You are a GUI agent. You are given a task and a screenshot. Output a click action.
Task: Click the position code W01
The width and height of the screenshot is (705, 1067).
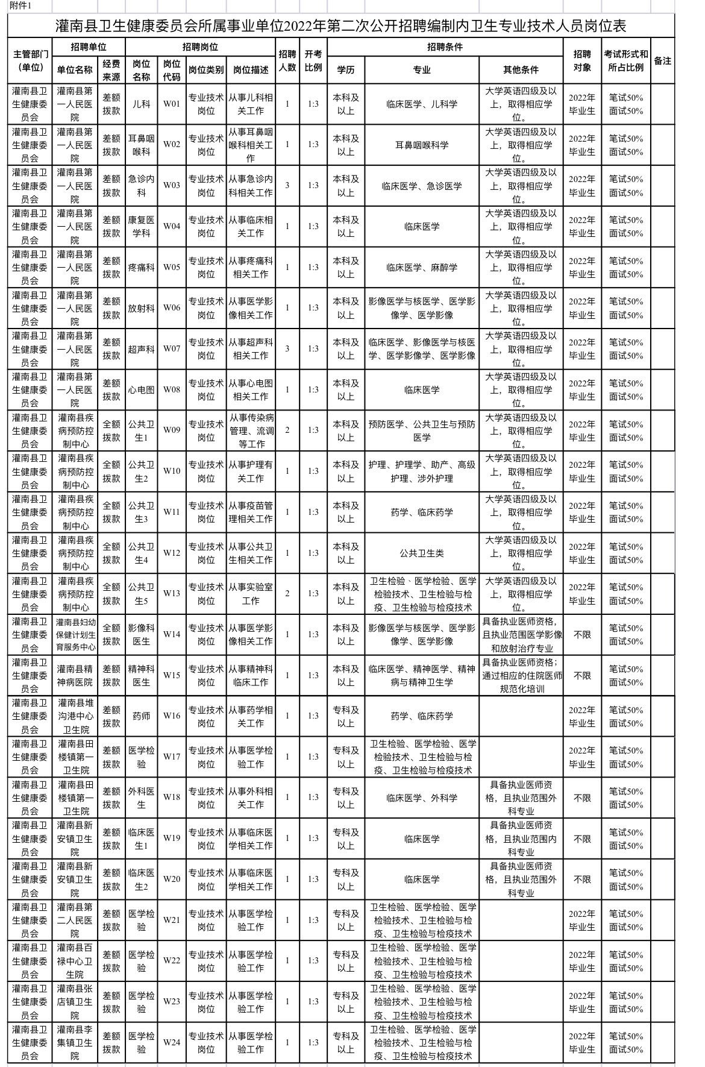click(172, 104)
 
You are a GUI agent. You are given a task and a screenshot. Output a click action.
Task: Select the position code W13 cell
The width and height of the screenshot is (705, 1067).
click(172, 593)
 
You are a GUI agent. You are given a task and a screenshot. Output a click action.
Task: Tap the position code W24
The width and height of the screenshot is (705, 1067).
click(172, 1042)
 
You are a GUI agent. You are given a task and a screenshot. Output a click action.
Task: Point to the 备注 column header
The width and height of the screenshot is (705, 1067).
click(662, 61)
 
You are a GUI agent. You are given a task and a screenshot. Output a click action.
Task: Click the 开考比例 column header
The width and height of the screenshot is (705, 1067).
click(313, 61)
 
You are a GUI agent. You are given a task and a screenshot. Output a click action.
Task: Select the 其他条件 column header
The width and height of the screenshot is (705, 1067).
click(521, 70)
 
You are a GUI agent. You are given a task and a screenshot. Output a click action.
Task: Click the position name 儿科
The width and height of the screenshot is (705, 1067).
click(142, 104)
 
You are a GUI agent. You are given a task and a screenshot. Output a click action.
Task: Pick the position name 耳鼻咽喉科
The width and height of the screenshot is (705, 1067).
click(142, 145)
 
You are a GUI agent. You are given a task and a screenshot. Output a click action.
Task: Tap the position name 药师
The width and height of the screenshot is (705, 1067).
click(142, 716)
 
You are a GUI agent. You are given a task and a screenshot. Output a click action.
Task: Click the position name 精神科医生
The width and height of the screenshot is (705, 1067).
click(142, 675)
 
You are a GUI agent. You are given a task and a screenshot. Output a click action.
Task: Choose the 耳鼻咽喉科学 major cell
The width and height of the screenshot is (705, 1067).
click(422, 145)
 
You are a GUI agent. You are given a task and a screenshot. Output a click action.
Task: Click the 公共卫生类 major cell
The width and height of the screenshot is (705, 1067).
click(422, 553)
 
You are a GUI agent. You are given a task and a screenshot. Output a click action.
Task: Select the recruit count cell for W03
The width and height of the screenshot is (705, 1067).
click(287, 185)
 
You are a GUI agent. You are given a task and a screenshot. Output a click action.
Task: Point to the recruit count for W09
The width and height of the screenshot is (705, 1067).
click(287, 430)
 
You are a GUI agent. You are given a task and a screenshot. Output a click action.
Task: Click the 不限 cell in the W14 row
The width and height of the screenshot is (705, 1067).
click(582, 634)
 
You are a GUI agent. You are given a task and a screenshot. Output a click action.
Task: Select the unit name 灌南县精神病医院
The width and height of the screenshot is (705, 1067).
click(75, 675)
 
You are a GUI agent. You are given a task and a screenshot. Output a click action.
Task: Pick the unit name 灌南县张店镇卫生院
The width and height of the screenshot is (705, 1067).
click(75, 1001)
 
